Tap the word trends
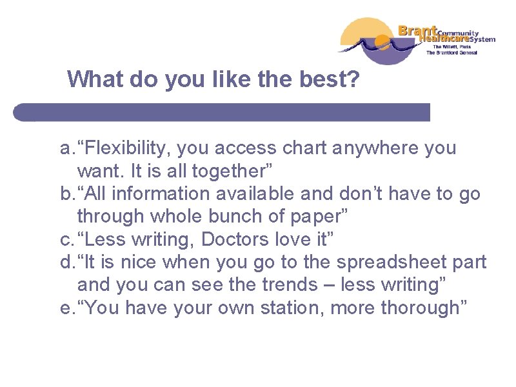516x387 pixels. pyautogui.click(x=252, y=284)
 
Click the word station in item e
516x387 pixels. pyautogui.click(x=290, y=308)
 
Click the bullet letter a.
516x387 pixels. pyautogui.click(x=66, y=149)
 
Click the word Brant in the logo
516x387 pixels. pyautogui.click(x=417, y=30)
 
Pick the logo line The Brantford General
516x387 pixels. pyautogui.click(x=451, y=53)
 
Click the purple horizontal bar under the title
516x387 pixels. pyautogui.click(x=222, y=112)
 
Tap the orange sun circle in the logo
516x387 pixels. pyautogui.click(x=383, y=43)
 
